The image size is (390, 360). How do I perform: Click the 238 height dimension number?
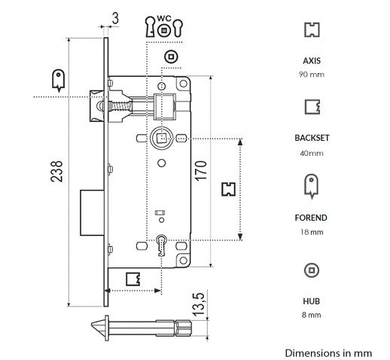(56, 171)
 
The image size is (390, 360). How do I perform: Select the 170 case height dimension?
(201, 171)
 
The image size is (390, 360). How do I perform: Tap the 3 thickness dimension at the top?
(115, 19)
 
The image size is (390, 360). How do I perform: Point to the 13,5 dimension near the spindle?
(199, 304)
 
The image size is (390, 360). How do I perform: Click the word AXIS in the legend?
(312, 61)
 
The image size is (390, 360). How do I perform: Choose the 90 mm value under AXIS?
(312, 75)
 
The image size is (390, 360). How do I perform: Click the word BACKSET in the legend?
(312, 138)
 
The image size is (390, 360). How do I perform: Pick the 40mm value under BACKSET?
(312, 153)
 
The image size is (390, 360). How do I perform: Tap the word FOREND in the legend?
(311, 218)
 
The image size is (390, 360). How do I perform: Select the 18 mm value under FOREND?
(312, 232)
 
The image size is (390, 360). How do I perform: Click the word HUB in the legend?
(312, 301)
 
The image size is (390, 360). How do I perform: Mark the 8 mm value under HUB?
(312, 315)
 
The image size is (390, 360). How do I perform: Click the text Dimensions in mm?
(328, 353)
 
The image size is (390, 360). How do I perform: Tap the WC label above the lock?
(164, 18)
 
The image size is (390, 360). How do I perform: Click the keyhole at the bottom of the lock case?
(162, 245)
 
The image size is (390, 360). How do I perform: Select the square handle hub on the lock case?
(161, 138)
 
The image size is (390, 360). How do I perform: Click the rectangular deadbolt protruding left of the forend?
(92, 212)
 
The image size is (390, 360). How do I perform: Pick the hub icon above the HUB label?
(312, 270)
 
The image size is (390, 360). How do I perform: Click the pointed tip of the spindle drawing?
(92, 325)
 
